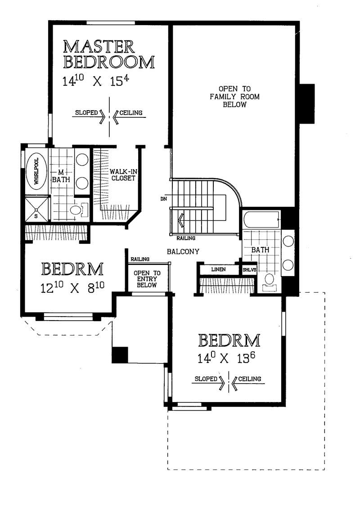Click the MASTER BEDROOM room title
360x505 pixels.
pos(108,54)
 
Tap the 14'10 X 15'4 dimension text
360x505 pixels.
pos(96,80)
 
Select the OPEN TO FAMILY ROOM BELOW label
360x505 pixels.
pos(234,96)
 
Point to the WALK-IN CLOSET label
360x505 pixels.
pos(123,174)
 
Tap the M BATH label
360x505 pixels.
pos(61,176)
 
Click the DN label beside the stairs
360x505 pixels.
pos(164,199)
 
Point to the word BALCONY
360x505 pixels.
pos(183,251)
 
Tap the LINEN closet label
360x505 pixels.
pos(218,269)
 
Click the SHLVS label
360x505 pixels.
pos(250,270)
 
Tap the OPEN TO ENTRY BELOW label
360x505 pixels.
pos(147,279)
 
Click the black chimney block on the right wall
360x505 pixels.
pos(306,104)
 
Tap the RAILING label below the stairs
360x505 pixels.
pos(186,238)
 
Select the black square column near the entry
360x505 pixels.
pos(120,355)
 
